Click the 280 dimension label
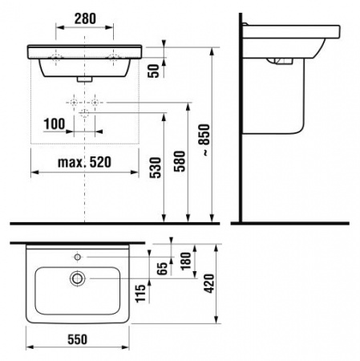pyautogui.click(x=85, y=18)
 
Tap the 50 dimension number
pyautogui.click(x=154, y=71)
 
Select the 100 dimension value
pyautogui.click(x=55, y=124)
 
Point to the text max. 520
pyautogui.click(x=84, y=162)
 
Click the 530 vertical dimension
pyautogui.click(x=156, y=168)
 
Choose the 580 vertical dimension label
pyautogui.click(x=180, y=161)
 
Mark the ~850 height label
pyautogui.click(x=204, y=140)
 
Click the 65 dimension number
pyautogui.click(x=162, y=269)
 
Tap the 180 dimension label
pyautogui.click(x=186, y=261)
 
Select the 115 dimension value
pyautogui.click(x=140, y=294)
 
